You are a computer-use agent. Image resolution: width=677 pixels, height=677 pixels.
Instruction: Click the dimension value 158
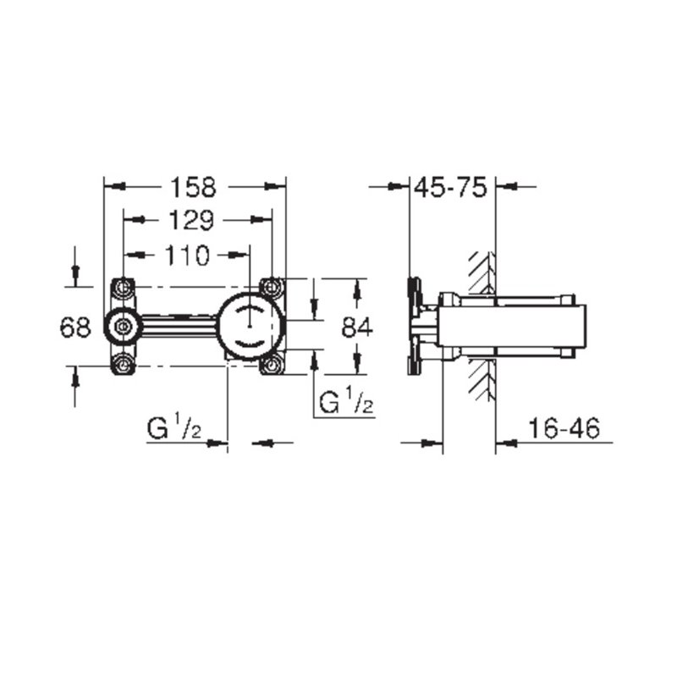(193, 188)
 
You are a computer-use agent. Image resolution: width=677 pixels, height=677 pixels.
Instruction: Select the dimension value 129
(190, 220)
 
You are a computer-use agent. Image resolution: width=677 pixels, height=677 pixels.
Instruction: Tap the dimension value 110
(187, 256)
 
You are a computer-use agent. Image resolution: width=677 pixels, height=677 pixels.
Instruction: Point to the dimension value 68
(75, 327)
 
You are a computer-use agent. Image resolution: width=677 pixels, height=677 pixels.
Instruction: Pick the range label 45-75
(450, 188)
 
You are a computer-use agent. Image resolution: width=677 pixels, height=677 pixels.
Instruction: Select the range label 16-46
(564, 428)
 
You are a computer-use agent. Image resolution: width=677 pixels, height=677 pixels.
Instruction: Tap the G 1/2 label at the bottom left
(173, 427)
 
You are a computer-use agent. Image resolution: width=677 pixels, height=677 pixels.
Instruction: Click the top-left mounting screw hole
(123, 286)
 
